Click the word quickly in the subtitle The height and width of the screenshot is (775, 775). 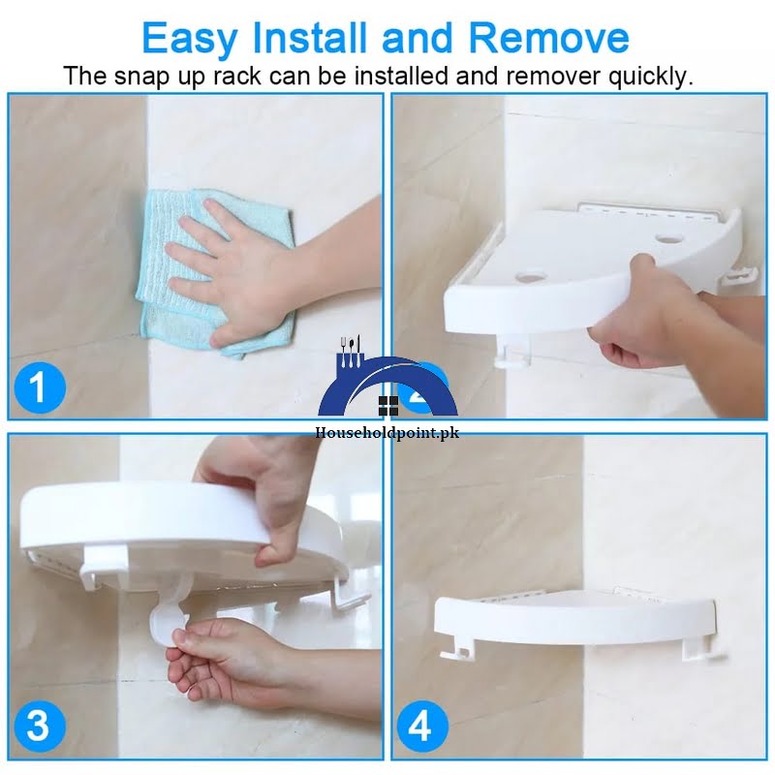point(644,77)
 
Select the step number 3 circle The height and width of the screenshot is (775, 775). point(38,725)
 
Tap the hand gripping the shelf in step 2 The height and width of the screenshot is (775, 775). point(639,315)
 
